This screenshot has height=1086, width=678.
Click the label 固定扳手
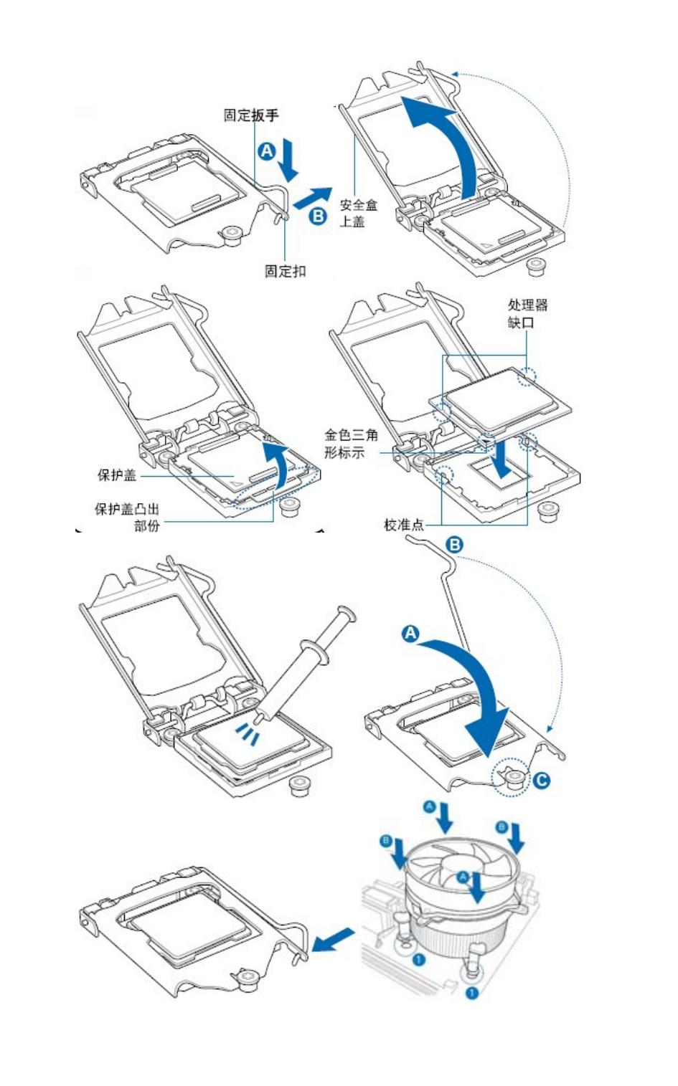pyautogui.click(x=250, y=115)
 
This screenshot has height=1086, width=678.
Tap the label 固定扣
pyautogui.click(x=285, y=270)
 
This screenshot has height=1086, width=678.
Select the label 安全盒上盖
pyautogui.click(x=357, y=213)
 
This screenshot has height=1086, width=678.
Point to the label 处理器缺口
pyautogui.click(x=527, y=313)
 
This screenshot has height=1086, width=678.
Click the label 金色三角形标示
pyautogui.click(x=351, y=443)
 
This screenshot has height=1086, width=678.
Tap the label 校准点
pyautogui.click(x=404, y=525)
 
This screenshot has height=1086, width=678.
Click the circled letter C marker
pyautogui.click(x=542, y=779)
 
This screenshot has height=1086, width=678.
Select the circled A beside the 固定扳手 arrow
pyautogui.click(x=266, y=151)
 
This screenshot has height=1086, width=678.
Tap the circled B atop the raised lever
pyautogui.click(x=455, y=545)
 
